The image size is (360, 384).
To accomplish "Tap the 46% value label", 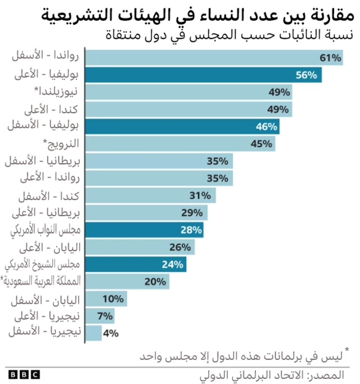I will [267, 127].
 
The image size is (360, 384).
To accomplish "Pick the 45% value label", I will [262, 144].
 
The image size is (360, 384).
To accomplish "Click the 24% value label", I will [173, 264].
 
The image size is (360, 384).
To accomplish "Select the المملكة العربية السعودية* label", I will [42, 281].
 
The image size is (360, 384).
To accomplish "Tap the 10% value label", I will [113, 298].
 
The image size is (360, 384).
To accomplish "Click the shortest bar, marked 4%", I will [93, 333].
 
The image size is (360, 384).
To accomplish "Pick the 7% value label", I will [105, 315].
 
